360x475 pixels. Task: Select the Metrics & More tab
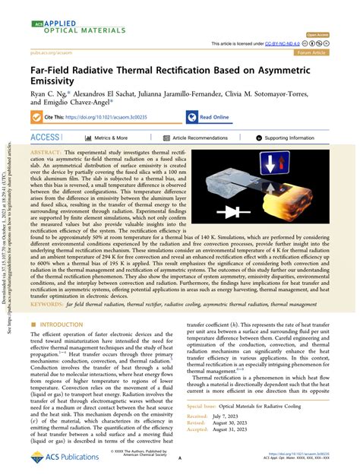point(110,138)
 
